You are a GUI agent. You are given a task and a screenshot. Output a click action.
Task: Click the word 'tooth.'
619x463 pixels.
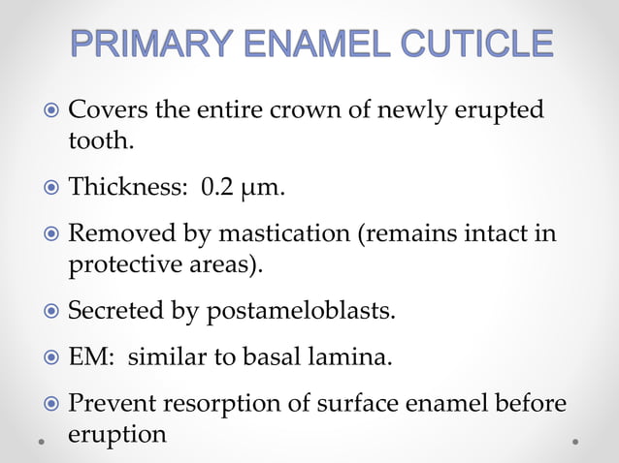click(101, 141)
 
